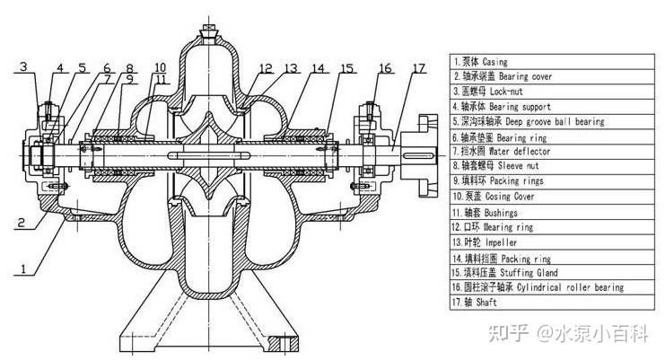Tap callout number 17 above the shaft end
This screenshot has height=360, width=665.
[x=419, y=69]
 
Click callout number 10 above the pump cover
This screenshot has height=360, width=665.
[x=159, y=67]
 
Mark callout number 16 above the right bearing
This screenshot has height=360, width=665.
[x=385, y=69]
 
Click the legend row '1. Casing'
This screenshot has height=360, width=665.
[x=485, y=62]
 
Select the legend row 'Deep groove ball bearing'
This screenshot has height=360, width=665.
[x=529, y=120]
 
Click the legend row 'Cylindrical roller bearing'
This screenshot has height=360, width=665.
[x=538, y=286]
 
